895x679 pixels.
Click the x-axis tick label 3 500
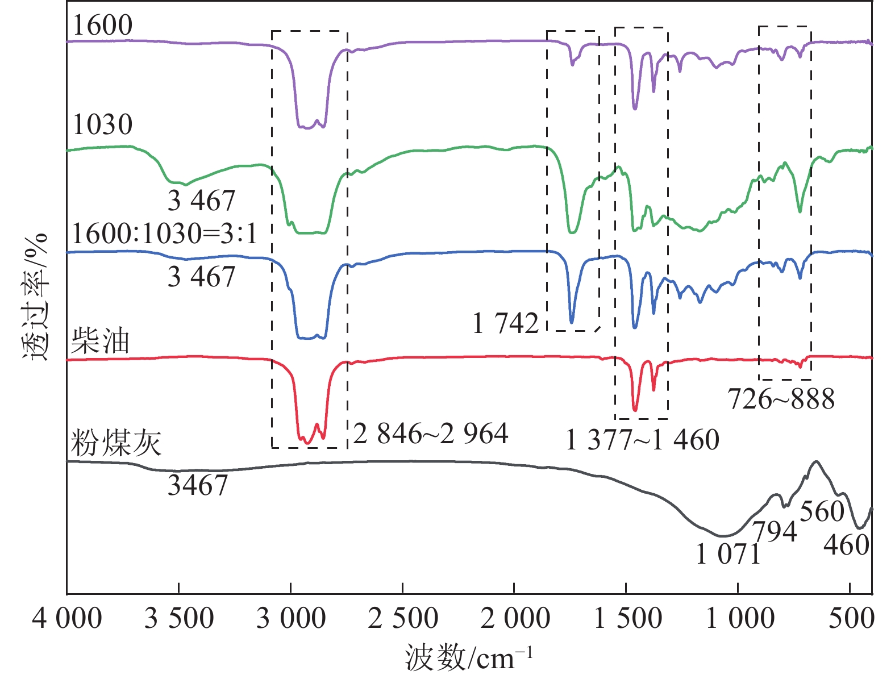[179, 619]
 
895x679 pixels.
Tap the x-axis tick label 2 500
[403, 619]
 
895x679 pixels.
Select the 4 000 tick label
[67, 619]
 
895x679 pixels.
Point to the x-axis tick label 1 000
[740, 619]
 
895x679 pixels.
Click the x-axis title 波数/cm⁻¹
[469, 658]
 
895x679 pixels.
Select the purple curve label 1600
[103, 26]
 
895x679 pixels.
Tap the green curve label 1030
[103, 124]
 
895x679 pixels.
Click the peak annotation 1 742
[506, 324]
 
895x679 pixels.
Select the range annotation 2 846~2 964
[431, 434]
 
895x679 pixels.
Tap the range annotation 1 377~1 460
[643, 440]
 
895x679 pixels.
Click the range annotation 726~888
[781, 399]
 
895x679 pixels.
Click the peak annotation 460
[846, 545]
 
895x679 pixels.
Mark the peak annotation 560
[822, 511]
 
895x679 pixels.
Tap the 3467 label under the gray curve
[198, 485]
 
